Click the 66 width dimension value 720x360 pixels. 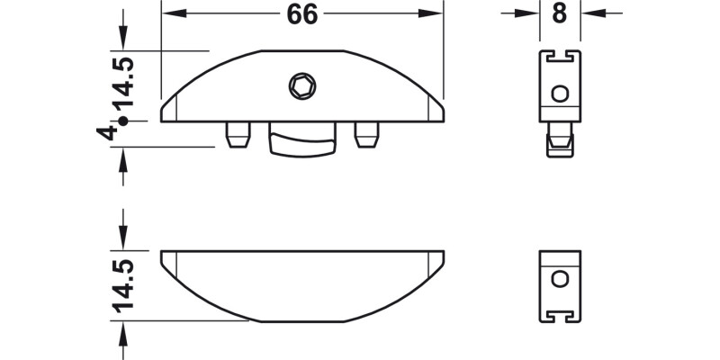click(x=301, y=14)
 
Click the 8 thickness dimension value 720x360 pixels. click(x=560, y=13)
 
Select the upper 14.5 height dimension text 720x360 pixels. click(x=123, y=82)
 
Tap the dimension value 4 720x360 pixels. click(x=107, y=132)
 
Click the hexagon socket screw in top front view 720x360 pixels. click(x=301, y=86)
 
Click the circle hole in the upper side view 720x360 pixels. click(x=559, y=93)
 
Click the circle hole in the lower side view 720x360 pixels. click(x=559, y=278)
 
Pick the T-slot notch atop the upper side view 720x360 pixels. click(x=559, y=58)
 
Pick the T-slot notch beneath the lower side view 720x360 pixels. click(x=559, y=314)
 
